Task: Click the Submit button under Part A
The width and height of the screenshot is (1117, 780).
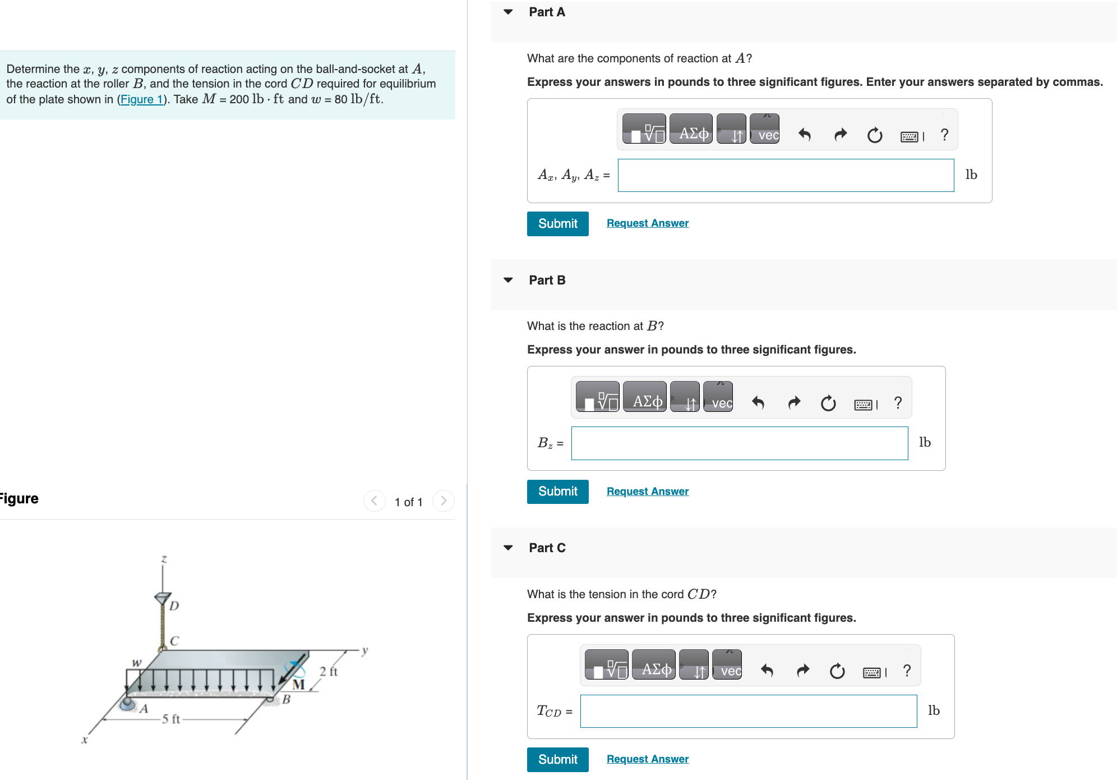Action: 557,223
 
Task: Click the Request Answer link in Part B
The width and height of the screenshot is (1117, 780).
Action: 647,491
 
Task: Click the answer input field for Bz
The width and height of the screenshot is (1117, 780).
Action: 739,443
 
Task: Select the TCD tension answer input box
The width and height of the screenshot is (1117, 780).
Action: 748,711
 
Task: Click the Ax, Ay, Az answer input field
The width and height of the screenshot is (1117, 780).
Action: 785,175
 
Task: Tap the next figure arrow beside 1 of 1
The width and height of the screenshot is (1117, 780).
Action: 443,501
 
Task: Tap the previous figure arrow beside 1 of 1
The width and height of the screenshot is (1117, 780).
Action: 374,501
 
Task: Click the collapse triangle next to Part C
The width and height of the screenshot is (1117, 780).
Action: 508,548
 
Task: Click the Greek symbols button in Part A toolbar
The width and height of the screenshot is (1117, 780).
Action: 693,134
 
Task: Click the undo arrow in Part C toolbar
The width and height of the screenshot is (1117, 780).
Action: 767,671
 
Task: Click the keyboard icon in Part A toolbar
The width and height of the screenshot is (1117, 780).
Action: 909,136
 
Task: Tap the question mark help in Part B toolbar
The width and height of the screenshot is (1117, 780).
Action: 898,402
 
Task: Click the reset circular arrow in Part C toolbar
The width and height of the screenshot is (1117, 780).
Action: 837,671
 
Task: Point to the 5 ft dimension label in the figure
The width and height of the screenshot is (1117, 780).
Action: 171,719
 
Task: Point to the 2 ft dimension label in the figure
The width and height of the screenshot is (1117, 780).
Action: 329,671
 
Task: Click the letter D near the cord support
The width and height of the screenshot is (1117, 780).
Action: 174,605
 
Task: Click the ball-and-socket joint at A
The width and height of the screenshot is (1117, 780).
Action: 128,703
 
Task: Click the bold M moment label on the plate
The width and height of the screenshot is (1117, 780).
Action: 299,685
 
